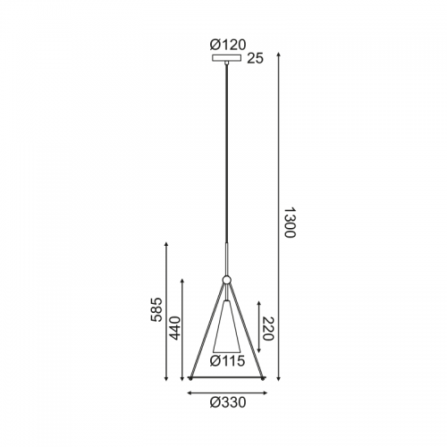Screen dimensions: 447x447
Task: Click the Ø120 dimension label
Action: [228, 45]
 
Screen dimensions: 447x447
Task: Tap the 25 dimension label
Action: [256, 59]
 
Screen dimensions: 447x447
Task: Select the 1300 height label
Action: [289, 223]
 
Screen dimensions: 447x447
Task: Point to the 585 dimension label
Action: [156, 309]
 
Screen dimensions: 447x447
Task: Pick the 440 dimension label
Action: [174, 328]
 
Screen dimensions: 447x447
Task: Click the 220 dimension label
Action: [267, 329]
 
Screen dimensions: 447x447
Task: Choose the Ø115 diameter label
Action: [227, 361]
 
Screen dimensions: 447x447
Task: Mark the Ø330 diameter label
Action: [228, 402]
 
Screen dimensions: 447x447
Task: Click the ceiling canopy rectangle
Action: [227, 58]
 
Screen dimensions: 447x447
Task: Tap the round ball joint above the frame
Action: [227, 280]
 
